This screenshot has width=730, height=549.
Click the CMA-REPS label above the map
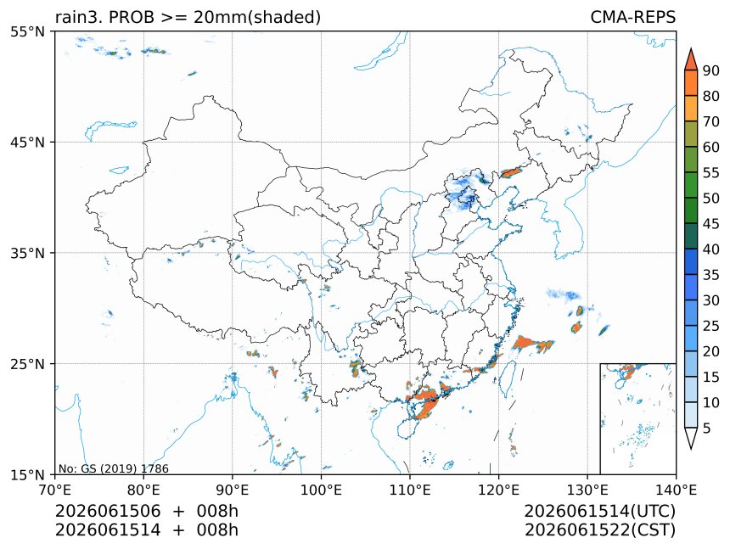point(632,17)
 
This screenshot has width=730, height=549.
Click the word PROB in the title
point(132,17)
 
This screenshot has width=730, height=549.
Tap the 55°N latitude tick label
point(27,31)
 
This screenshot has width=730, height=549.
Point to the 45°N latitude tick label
point(27,142)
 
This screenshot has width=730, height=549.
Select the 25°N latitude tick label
point(27,363)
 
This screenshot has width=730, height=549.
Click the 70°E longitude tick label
point(55,490)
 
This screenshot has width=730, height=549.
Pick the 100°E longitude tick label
point(321,490)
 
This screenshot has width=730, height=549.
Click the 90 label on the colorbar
point(711,70)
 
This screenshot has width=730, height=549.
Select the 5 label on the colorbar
point(707,428)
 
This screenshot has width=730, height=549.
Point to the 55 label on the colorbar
point(711,172)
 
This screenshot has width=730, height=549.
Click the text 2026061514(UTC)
point(599,511)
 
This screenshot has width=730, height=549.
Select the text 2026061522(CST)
point(599,530)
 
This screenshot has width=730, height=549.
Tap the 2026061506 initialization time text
point(108,511)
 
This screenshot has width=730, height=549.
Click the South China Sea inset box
point(637,418)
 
